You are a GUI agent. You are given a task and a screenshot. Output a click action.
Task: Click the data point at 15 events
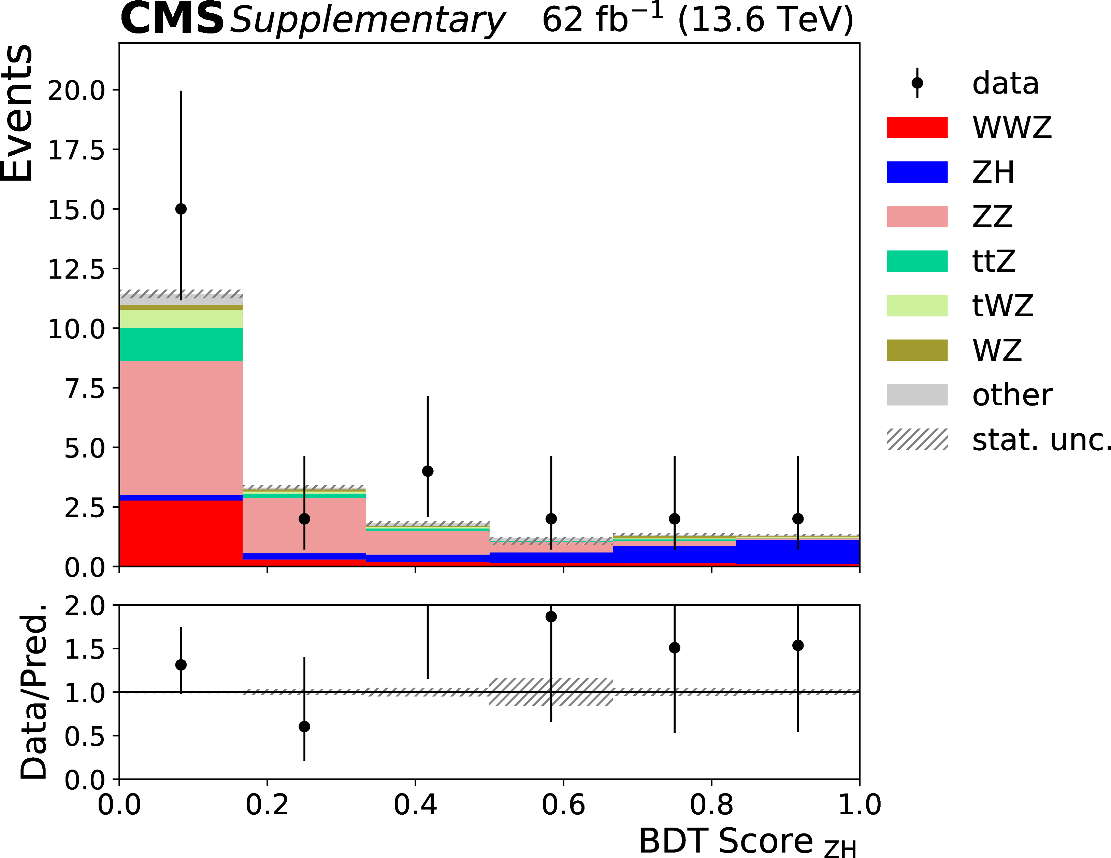tap(181, 209)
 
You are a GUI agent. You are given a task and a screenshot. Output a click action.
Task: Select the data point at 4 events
tap(428, 471)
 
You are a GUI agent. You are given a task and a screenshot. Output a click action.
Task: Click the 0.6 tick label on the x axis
tap(563, 805)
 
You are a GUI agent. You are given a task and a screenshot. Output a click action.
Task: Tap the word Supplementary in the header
tap(367, 20)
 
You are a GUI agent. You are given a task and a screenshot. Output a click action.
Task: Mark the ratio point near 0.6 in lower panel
tap(551, 617)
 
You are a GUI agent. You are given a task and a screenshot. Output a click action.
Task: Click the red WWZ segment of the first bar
tap(181, 533)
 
